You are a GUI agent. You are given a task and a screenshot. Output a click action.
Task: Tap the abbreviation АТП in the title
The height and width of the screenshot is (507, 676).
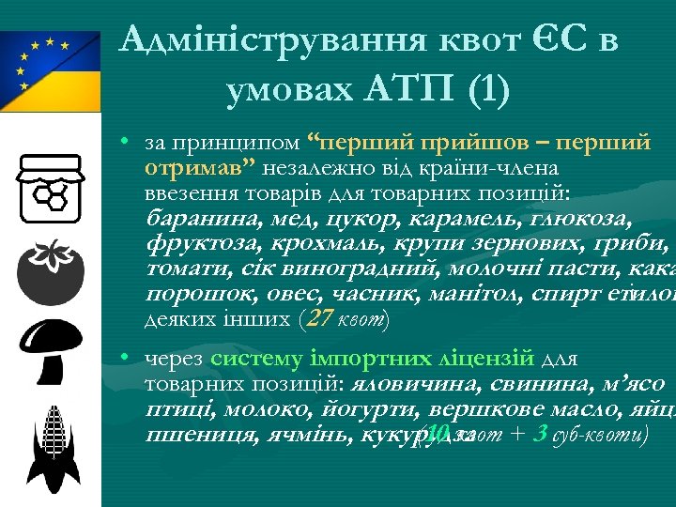click(408, 90)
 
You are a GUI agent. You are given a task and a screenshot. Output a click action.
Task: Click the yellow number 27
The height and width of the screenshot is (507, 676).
click(319, 318)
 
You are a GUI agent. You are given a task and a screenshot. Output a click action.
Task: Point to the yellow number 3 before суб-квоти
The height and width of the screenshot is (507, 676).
click(540, 435)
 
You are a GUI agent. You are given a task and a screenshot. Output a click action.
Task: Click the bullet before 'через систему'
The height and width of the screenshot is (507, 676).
click(124, 359)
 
